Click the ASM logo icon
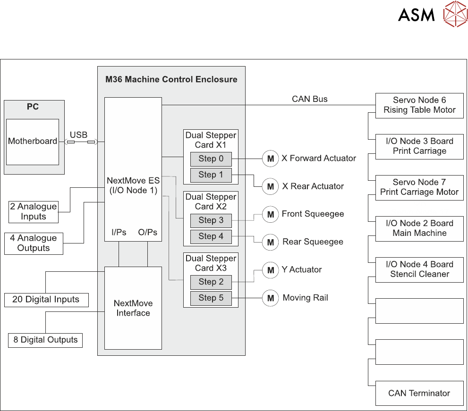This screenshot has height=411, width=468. [x=455, y=14]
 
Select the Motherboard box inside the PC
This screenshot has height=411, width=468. [x=33, y=142]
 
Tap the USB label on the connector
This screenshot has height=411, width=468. [x=78, y=135]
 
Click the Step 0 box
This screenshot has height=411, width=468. [x=211, y=159]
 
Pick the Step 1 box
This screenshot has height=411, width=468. [x=211, y=175]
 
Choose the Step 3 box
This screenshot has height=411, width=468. [x=211, y=220]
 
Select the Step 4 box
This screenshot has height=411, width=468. [x=211, y=236]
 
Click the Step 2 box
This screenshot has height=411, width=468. [x=211, y=282]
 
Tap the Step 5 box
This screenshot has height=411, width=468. [x=211, y=298]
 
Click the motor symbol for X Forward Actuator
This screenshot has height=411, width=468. [x=271, y=159]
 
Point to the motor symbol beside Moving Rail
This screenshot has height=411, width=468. [x=271, y=298]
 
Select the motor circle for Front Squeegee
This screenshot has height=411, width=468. [x=271, y=215]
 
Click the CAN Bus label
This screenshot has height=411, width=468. [x=310, y=99]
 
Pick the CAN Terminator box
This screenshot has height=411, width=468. [x=419, y=393]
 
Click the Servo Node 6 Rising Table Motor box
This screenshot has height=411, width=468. [x=419, y=105]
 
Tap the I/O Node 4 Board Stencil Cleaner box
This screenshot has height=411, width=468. [x=419, y=269]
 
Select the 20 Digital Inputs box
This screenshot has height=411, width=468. [x=46, y=300]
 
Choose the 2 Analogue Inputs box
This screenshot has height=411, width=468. [x=34, y=211]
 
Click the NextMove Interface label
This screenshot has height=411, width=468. [x=133, y=308]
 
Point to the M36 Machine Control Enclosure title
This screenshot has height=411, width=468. [x=171, y=79]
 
